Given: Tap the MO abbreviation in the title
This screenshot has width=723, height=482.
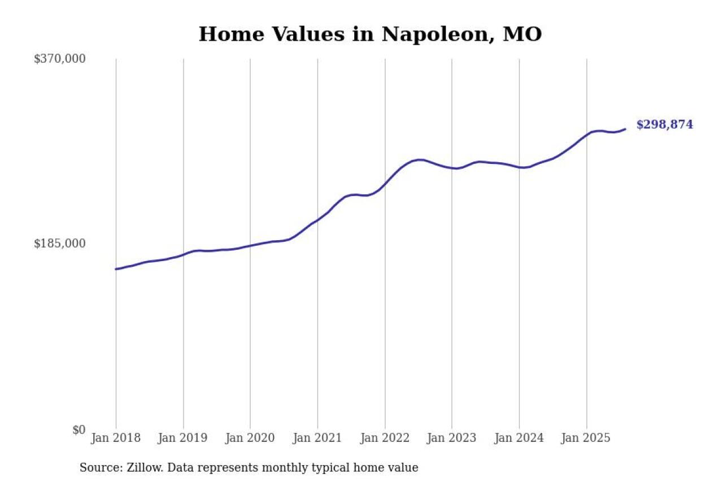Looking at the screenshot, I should click(522, 34).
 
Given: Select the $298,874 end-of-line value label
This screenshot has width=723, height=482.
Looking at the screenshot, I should click(664, 125).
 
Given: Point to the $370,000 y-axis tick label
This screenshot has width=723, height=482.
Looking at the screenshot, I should click(59, 59).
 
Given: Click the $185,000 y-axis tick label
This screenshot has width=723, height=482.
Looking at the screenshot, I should click(59, 244).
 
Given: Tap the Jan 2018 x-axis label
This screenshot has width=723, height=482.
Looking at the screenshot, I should click(116, 438).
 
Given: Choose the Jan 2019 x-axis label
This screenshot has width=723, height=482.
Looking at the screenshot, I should click(183, 438).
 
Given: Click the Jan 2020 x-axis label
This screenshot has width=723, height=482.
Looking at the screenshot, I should click(250, 438).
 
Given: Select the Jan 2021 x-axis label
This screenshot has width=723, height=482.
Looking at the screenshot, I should click(317, 438).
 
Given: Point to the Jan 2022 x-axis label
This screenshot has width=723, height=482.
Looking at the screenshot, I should click(385, 438).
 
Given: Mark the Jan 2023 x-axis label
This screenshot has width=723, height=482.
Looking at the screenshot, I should click(451, 438).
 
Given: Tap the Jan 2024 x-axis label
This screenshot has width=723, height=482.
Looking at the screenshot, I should click(519, 438).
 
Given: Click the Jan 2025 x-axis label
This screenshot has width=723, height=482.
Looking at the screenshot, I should click(586, 438).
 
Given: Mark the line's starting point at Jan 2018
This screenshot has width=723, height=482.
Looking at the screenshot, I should click(116, 269).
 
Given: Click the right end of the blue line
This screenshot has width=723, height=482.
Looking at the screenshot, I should click(625, 129).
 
